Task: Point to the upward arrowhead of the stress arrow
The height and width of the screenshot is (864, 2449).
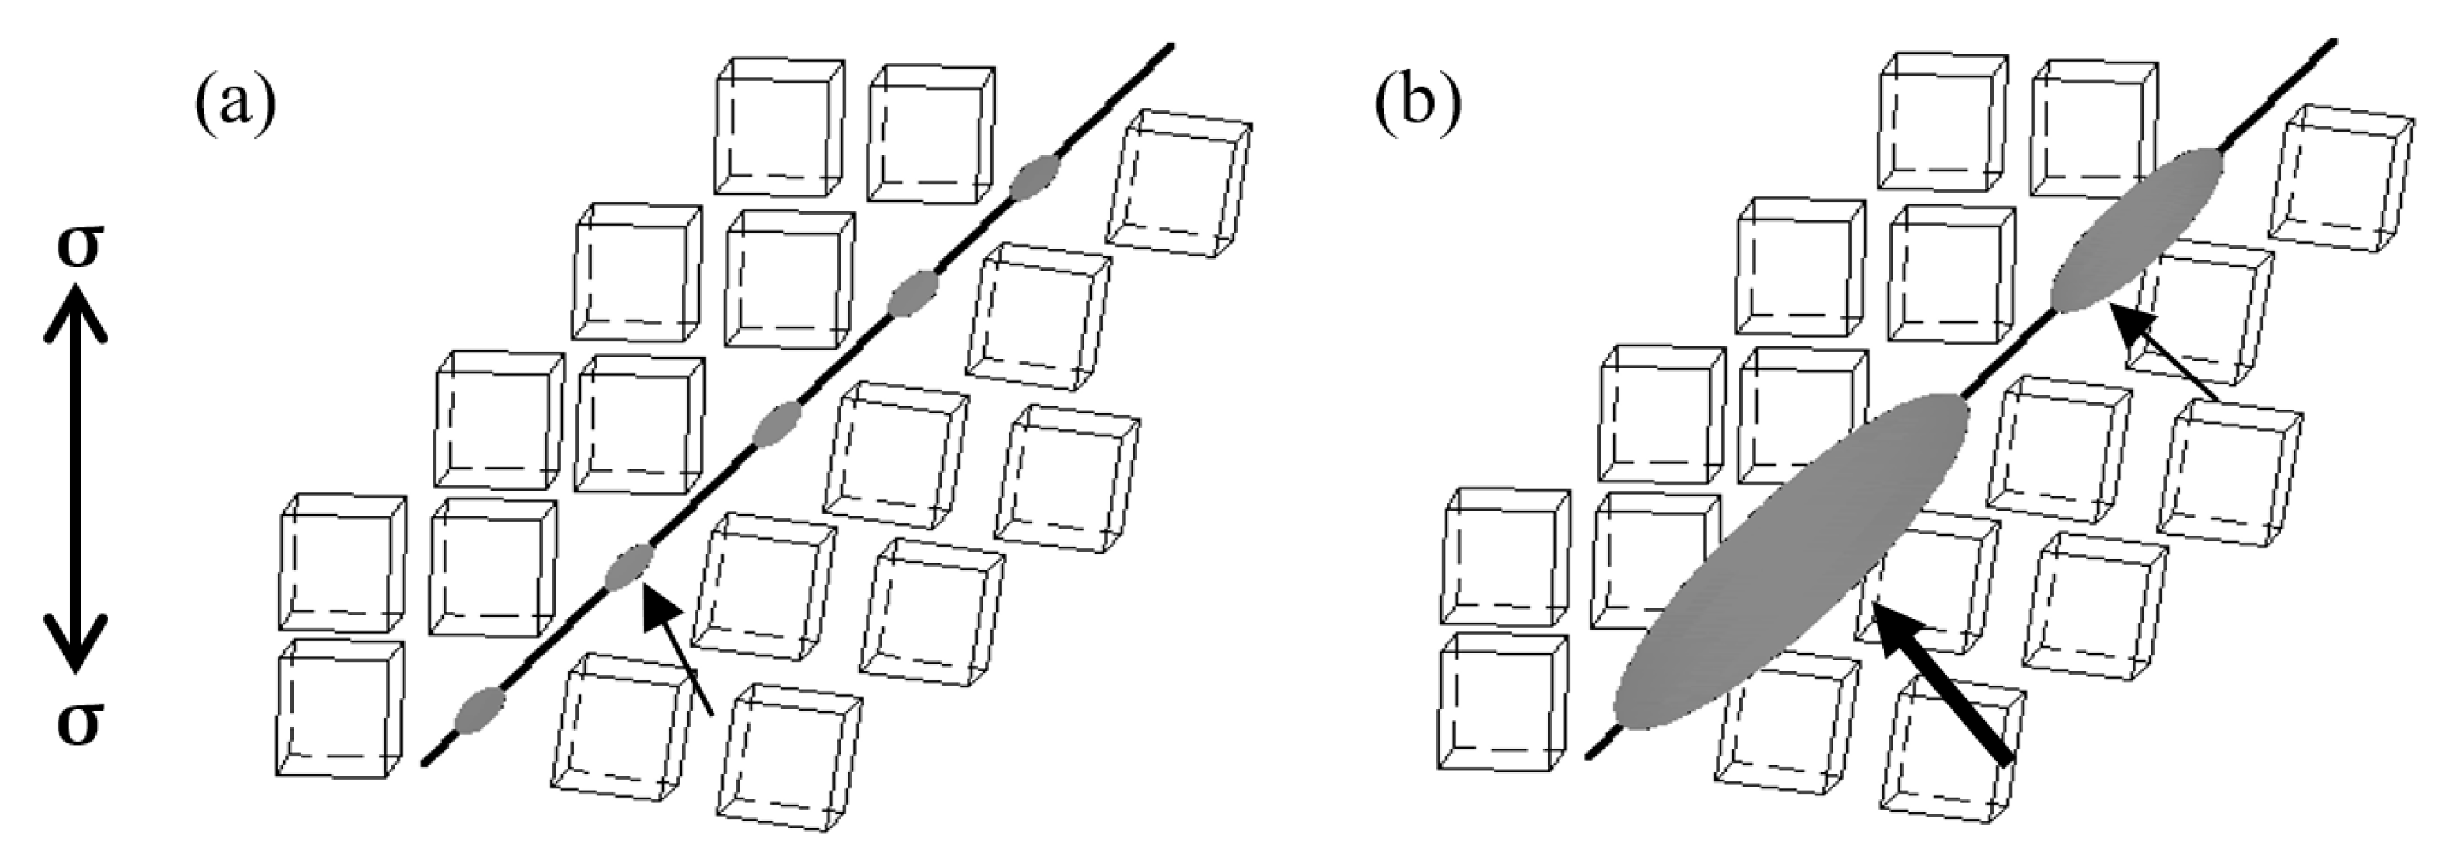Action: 76,309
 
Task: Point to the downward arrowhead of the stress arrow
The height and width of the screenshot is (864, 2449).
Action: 76,646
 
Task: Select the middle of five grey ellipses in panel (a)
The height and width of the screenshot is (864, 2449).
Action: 777,425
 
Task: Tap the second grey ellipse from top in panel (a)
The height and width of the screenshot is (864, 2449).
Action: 912,294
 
